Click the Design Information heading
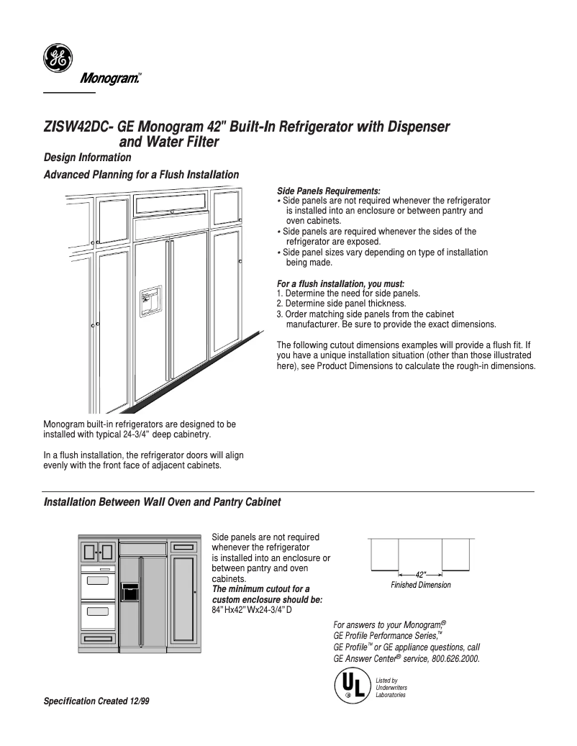click(87, 157)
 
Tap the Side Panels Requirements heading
click(328, 191)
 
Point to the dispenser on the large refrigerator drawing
click(150, 300)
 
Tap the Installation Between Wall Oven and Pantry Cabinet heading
click(162, 501)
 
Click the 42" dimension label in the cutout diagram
click(420, 575)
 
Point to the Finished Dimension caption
click(420, 585)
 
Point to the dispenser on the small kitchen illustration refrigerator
click(130, 592)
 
